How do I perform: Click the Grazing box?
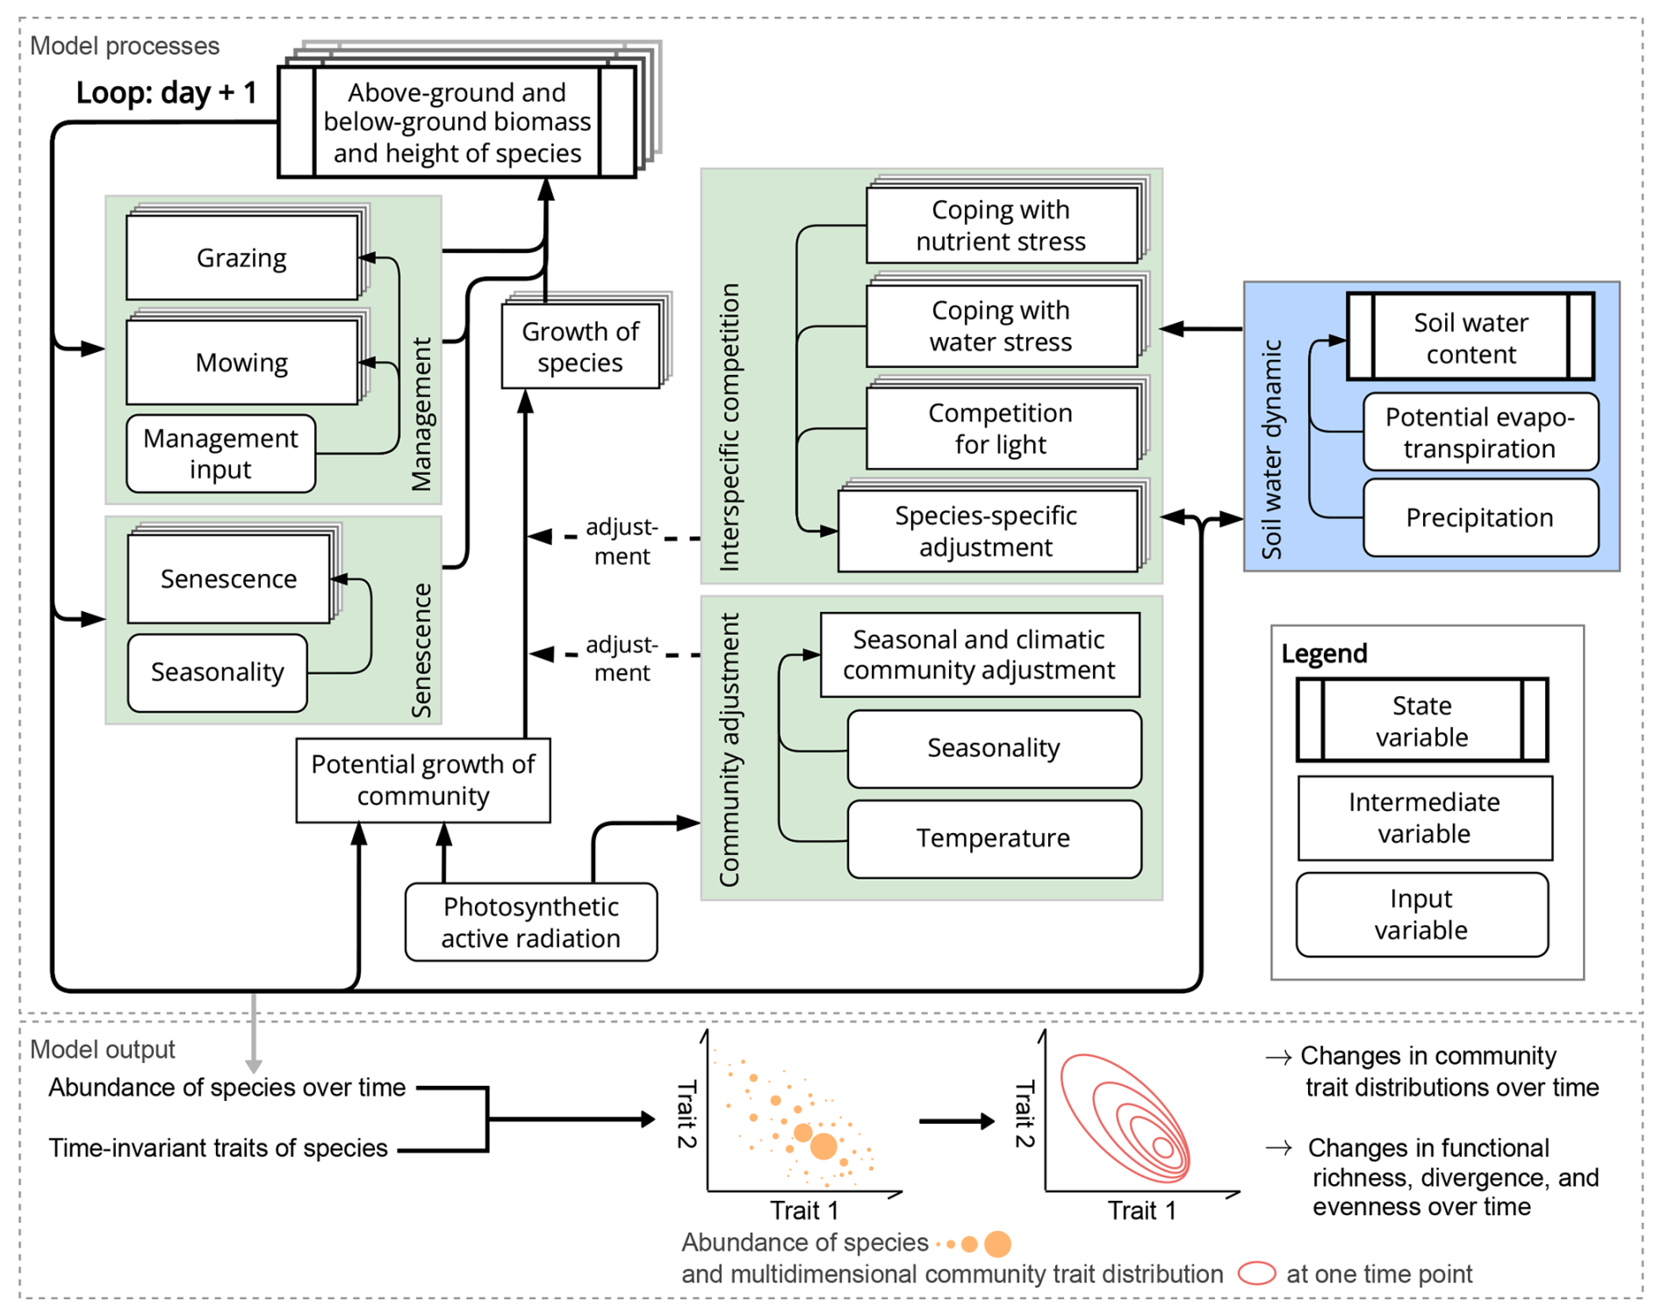coord(241,258)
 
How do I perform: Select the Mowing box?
coord(241,363)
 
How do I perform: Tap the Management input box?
coord(220,454)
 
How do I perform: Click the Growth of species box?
coord(580,347)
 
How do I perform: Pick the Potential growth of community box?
coord(423,780)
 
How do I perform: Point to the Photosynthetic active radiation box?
coord(531,923)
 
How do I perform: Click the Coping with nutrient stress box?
coord(1001,226)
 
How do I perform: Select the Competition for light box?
coord(1001,428)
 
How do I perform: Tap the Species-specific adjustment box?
coord(987,531)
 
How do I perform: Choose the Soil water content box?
coord(1470,338)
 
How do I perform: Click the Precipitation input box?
coord(1480,518)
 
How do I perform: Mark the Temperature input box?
coord(994,838)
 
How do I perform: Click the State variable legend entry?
coord(1422,721)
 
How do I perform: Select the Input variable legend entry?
coord(1421,914)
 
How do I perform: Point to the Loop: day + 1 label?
coord(166,92)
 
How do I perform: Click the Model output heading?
coord(103,1050)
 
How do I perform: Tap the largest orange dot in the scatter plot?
coord(823,1146)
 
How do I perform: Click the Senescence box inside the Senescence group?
coord(228,579)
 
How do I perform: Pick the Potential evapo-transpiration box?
coord(1480,433)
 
